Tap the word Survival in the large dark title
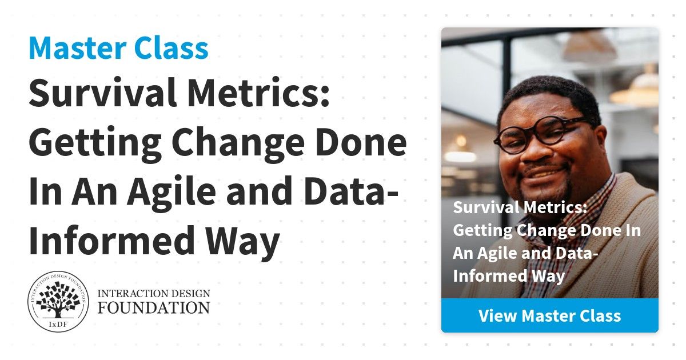point(102,93)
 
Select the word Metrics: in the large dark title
point(258,93)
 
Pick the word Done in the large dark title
point(361,142)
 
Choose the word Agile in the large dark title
point(171,191)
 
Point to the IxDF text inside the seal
point(58,325)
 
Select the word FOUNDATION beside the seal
point(154,307)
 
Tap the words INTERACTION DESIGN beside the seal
point(154,294)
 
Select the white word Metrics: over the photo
point(556,207)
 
